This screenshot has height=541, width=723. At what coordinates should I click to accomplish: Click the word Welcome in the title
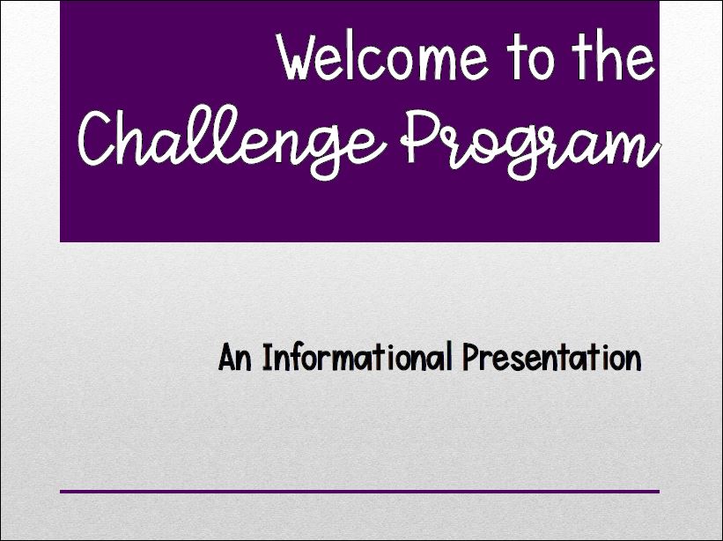(x=383, y=56)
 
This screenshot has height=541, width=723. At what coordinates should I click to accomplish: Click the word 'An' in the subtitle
(x=235, y=357)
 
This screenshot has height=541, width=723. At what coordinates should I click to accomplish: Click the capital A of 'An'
(x=227, y=357)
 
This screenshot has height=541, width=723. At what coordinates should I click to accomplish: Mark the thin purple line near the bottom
(x=359, y=492)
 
